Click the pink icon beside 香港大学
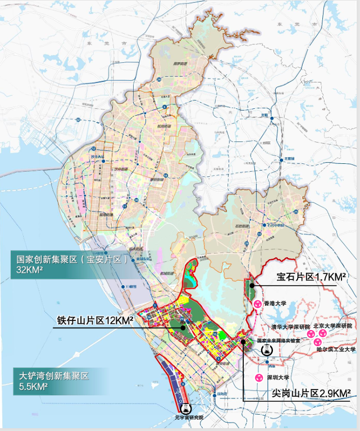click(x=257, y=304)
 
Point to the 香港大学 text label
click(x=275, y=303)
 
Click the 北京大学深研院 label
click(x=332, y=325)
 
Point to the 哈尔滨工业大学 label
click(x=336, y=350)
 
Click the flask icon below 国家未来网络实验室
click(x=267, y=350)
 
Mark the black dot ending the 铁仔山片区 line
click(x=183, y=328)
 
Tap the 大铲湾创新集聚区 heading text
click(x=53, y=375)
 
